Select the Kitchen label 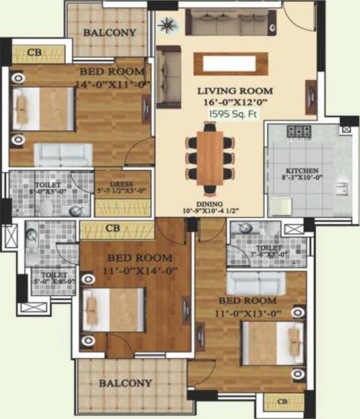[301, 170]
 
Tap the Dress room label [122, 186]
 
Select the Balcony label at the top [110, 33]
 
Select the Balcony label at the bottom [125, 383]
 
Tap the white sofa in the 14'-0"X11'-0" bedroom [64, 154]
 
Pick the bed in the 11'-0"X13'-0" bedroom [273, 343]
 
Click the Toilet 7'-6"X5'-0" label [269, 251]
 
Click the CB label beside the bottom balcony [282, 402]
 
